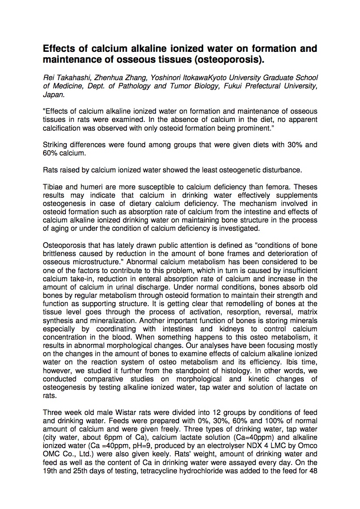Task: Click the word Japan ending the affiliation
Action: pos(53,94)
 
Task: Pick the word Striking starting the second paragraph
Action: pos(54,145)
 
